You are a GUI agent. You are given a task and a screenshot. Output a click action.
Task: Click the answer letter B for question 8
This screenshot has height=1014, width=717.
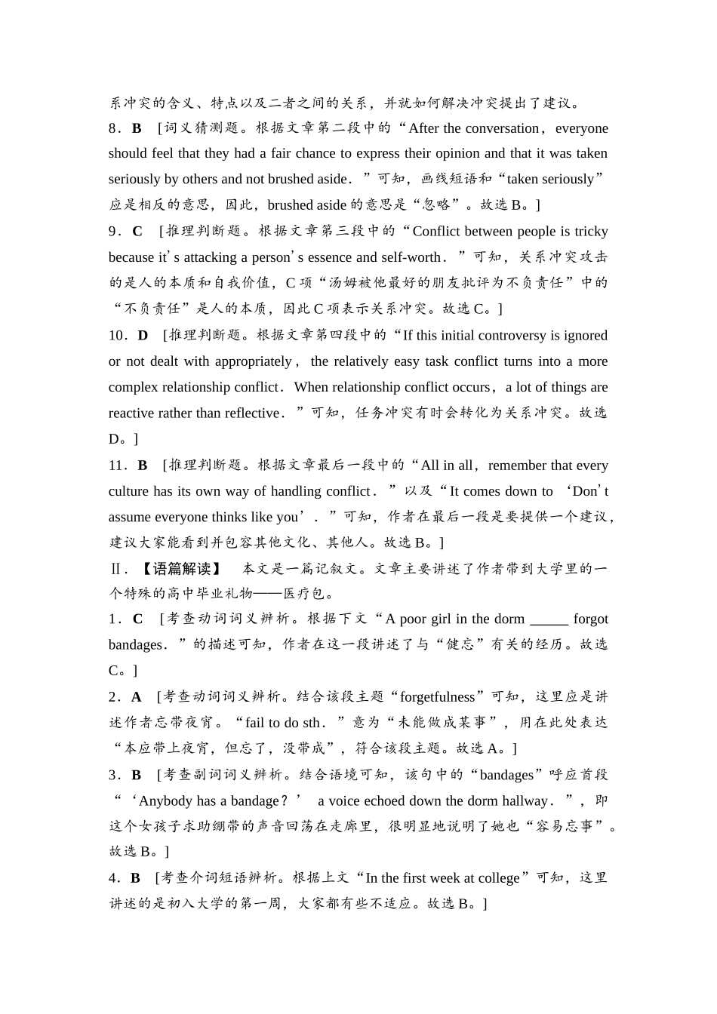click(x=137, y=128)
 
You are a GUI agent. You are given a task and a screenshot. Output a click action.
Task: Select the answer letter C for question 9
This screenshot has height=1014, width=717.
click(x=137, y=232)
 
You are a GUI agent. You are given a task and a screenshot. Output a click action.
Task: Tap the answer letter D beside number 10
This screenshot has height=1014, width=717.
click(x=143, y=336)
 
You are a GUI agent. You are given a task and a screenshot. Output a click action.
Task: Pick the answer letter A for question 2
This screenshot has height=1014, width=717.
click(x=137, y=697)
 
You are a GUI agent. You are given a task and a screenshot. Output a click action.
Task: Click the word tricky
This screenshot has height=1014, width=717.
click(x=591, y=232)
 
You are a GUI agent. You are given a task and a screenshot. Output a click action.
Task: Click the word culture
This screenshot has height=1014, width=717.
click(x=129, y=491)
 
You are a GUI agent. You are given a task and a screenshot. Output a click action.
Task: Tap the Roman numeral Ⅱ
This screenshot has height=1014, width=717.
click(x=115, y=569)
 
